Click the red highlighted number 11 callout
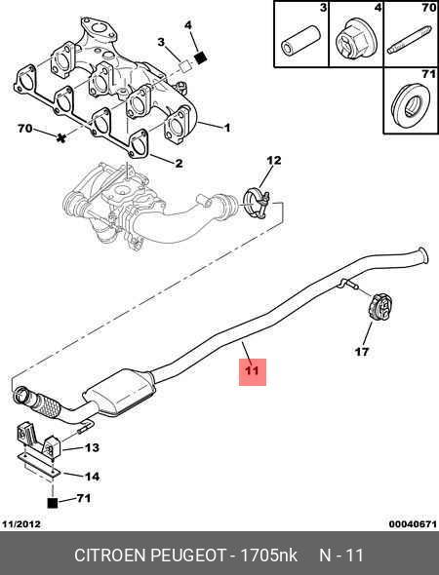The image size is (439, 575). tap(253, 371)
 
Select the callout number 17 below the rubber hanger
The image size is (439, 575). tap(362, 352)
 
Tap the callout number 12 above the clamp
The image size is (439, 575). tap(273, 160)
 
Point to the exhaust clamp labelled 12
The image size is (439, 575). tap(257, 203)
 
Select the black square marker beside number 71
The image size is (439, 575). tap(53, 503)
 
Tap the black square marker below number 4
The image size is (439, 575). tap(200, 57)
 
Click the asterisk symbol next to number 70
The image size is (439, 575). tap(61, 137)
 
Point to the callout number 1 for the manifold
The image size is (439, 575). tap(227, 128)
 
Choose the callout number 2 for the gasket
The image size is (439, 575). tap(179, 163)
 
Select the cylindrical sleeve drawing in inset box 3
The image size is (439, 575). tap(301, 40)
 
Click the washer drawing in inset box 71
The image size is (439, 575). tap(410, 103)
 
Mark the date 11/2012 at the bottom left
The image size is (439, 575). tap(21, 524)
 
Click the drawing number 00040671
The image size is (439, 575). tap(413, 524)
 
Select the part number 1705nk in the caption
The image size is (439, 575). tap(268, 556)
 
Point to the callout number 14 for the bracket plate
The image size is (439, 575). tap(92, 477)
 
